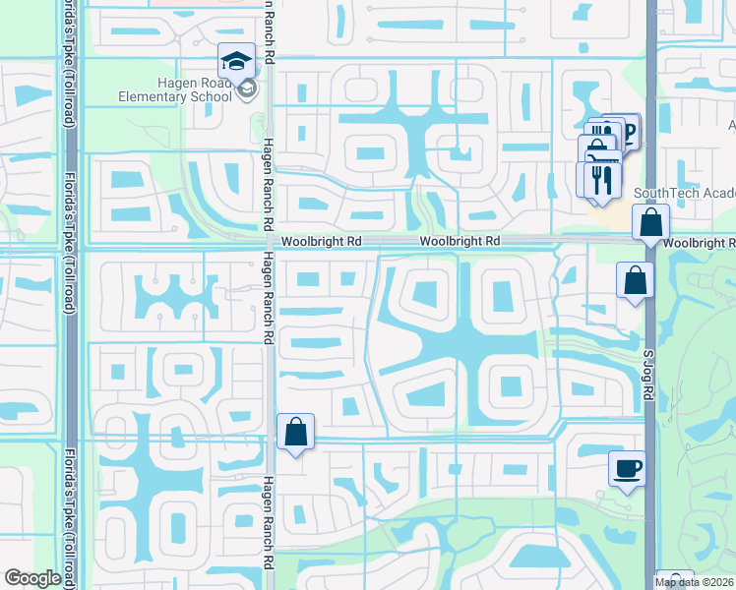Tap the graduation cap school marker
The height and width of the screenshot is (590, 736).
click(x=236, y=62)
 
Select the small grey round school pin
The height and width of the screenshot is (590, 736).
click(x=247, y=91)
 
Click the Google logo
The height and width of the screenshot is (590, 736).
click(x=32, y=578)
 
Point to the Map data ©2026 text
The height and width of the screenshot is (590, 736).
click(x=695, y=581)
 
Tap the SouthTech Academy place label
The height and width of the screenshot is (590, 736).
click(x=685, y=193)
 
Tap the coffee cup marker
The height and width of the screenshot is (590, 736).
click(x=627, y=467)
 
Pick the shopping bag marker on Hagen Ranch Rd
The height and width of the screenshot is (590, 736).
click(x=295, y=432)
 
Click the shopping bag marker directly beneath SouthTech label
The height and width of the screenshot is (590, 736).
click(x=650, y=222)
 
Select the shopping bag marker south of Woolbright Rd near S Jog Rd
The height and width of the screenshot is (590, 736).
click(x=635, y=279)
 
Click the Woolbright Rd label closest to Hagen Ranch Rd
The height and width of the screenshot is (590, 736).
click(x=321, y=241)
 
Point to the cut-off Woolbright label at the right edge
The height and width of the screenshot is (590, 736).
click(x=700, y=243)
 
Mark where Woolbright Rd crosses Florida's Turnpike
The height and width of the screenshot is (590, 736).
click(x=70, y=242)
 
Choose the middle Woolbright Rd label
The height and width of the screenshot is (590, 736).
click(x=460, y=241)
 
